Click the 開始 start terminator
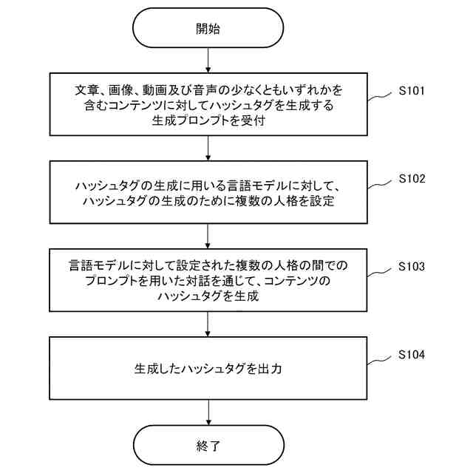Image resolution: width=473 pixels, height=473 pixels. coord(208,30)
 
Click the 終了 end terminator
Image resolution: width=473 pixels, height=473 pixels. coord(208,446)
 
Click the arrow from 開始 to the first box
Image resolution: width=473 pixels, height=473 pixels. coord(208,60)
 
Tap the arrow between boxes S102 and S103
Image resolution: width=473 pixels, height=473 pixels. coord(208,236)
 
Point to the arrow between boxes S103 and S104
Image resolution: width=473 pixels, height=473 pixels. coord(208,324)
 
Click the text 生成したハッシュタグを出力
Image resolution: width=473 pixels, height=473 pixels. coord(208,367)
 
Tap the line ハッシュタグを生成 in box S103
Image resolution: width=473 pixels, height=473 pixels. coord(208,296)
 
